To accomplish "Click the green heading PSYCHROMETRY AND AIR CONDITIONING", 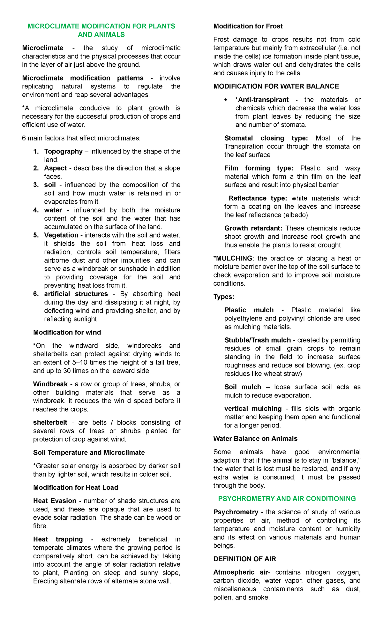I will click(287, 499).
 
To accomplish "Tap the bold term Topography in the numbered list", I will click(63, 151).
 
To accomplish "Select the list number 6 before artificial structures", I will click(36, 294).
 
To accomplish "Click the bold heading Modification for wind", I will click(67, 332).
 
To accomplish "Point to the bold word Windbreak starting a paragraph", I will click(50, 384).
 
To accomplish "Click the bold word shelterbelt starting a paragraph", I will click(50, 422).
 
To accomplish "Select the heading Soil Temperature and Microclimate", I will click(89, 452).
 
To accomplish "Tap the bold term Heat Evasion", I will click(55, 501).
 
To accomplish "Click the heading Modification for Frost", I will click(248, 26).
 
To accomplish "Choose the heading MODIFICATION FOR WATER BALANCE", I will click(276, 86).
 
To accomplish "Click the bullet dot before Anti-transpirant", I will click(226, 100).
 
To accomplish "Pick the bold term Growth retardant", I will click(253, 228).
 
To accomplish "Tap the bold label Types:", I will click(224, 297).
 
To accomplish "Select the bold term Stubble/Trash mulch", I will click(258, 340).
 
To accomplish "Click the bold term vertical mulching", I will click(253, 409).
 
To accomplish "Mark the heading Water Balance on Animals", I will click(255, 439).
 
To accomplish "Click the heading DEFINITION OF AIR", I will click(244, 559).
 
